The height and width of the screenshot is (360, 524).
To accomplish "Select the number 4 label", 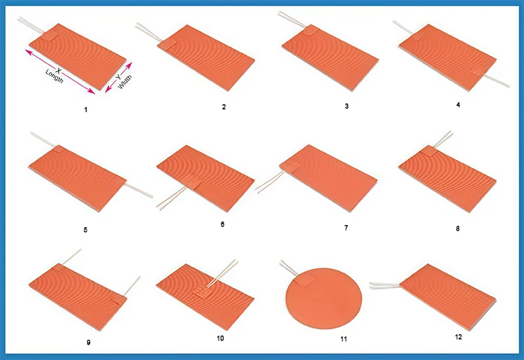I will point(458,104).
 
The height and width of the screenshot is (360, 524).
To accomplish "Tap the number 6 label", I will point(222,224).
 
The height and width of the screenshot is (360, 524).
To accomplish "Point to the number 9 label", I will point(88,343).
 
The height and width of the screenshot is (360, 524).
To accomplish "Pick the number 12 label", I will point(458,338).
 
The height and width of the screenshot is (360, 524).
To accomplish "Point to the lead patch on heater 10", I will point(201,291).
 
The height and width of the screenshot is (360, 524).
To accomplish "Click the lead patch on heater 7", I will point(289,166).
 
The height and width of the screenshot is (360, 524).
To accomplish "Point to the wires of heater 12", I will point(384,285).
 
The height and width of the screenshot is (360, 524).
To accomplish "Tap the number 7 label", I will point(344,228).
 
